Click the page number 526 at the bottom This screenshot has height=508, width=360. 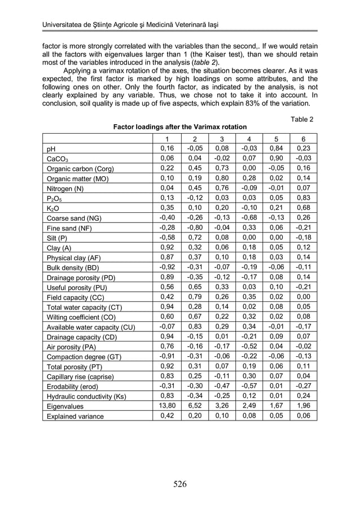click(x=179, y=484)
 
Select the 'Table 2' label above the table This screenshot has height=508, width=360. click(x=301, y=119)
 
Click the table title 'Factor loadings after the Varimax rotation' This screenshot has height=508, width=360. click(x=180, y=128)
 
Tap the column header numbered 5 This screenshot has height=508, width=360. click(x=276, y=139)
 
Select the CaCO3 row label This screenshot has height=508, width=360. click(x=57, y=159)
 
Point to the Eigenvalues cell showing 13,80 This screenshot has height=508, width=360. click(x=166, y=406)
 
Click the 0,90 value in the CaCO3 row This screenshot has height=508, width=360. click(x=276, y=159)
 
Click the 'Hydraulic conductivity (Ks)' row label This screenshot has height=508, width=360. click(x=86, y=396)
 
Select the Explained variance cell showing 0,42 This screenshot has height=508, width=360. click(x=166, y=416)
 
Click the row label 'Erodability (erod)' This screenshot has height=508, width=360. click(x=74, y=387)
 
